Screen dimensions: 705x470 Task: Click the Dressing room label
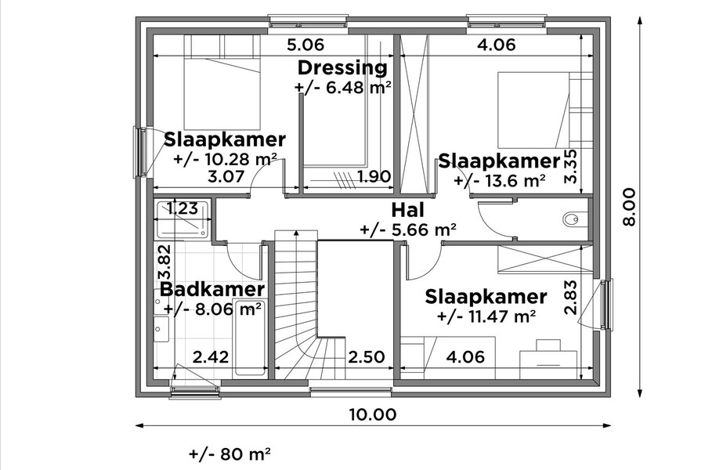click(x=342, y=68)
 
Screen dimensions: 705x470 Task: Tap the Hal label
click(x=407, y=210)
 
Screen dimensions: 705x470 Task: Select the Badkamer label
click(x=212, y=289)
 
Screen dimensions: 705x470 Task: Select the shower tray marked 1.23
click(x=182, y=219)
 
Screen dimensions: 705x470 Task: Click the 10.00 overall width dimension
click(x=373, y=414)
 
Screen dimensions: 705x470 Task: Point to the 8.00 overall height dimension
click(x=630, y=207)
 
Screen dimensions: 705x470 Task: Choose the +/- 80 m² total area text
click(x=230, y=454)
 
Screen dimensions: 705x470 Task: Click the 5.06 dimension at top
click(x=305, y=45)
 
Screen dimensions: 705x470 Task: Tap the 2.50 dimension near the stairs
click(x=367, y=356)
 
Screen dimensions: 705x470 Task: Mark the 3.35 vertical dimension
click(x=570, y=166)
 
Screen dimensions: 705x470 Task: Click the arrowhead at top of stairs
click(x=296, y=233)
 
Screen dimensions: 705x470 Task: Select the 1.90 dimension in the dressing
click(x=374, y=176)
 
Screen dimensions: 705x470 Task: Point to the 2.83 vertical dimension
click(x=570, y=298)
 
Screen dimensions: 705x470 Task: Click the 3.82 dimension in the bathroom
click(x=164, y=262)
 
